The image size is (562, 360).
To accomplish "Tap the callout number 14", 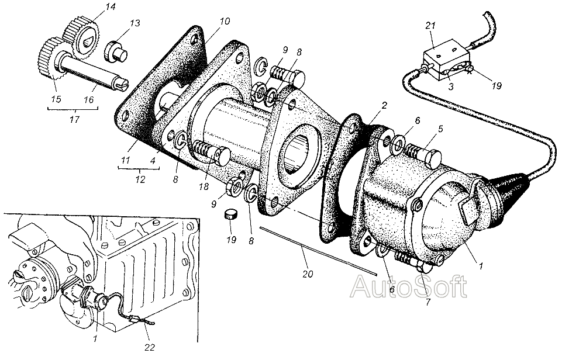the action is pyautogui.click(x=111, y=7).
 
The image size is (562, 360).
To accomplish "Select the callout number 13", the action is pyautogui.click(x=135, y=23).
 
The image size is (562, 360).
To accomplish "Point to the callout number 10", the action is pyautogui.click(x=225, y=21).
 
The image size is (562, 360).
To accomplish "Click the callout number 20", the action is pyautogui.click(x=308, y=274).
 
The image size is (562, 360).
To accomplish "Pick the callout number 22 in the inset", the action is pyautogui.click(x=150, y=347).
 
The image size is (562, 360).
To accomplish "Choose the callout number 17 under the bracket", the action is pyautogui.click(x=74, y=119).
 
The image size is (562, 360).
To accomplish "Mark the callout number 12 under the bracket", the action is pyautogui.click(x=140, y=179).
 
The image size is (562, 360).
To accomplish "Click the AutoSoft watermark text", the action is pyautogui.click(x=409, y=286).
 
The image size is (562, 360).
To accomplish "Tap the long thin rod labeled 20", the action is pyautogui.click(x=319, y=251).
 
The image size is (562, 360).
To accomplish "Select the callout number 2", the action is pyautogui.click(x=384, y=105).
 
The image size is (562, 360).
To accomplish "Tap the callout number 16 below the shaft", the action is pyautogui.click(x=88, y=99).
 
